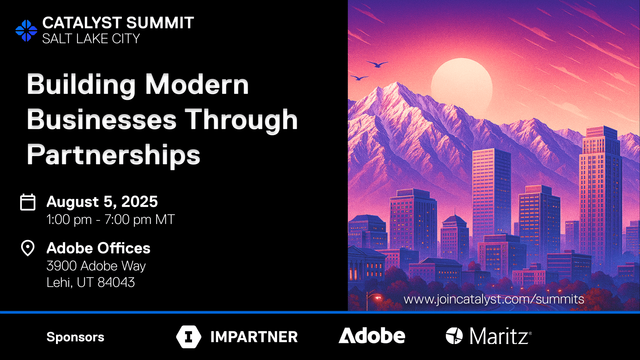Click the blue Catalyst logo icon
(x=26, y=31)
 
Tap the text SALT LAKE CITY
(x=91, y=39)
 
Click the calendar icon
(x=28, y=202)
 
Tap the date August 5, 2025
(x=102, y=202)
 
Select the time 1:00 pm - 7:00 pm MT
(x=111, y=220)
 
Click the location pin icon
(x=28, y=248)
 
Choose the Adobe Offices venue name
(x=99, y=248)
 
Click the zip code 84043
(x=116, y=283)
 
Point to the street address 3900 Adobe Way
(x=96, y=266)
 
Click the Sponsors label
(x=76, y=337)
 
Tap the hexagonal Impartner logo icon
(x=189, y=337)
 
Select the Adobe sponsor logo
(x=372, y=336)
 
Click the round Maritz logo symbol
(x=454, y=336)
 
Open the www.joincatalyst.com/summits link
(x=494, y=299)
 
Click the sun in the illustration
(x=462, y=84)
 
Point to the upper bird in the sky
(x=377, y=64)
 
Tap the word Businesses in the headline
(x=102, y=120)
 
